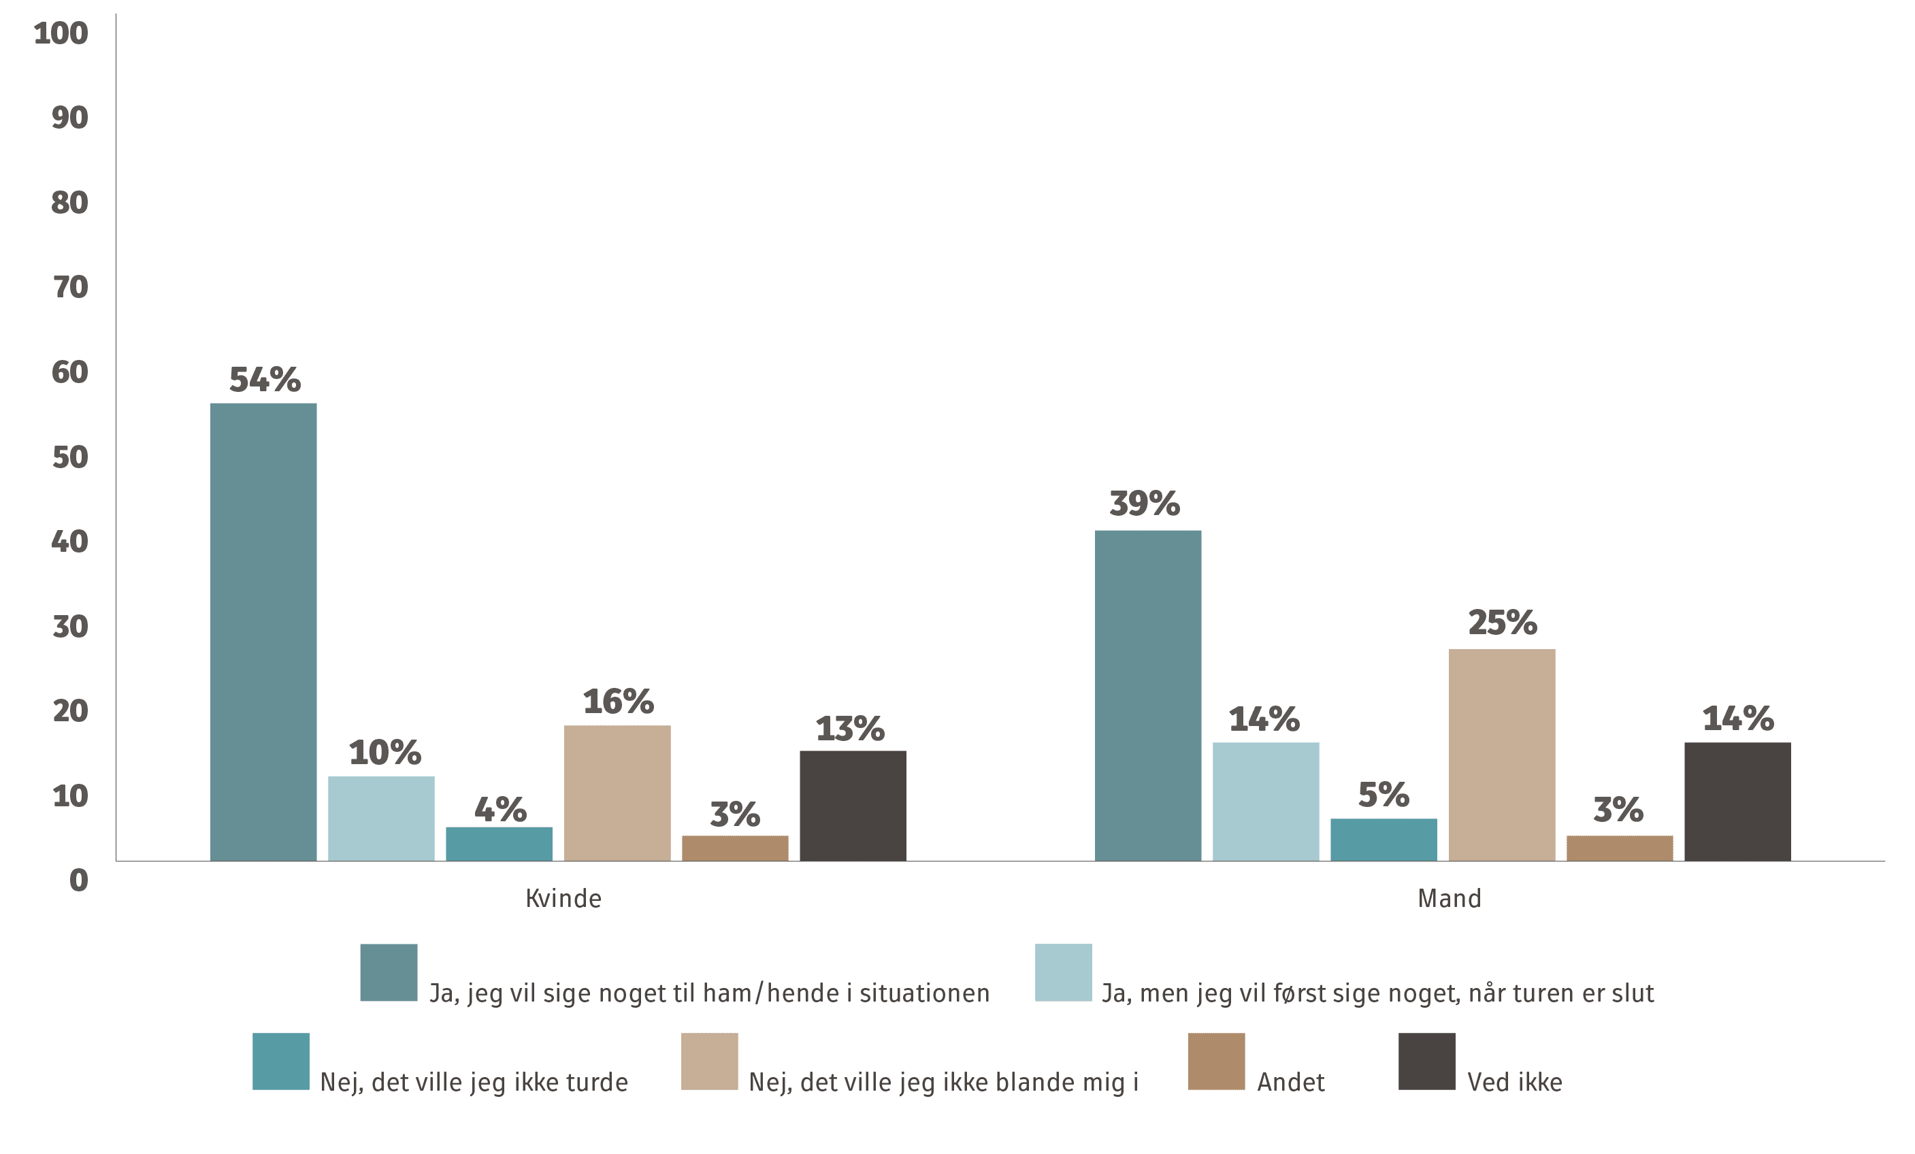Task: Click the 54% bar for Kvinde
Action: pyautogui.click(x=263, y=632)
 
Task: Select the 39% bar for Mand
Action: pyautogui.click(x=1148, y=695)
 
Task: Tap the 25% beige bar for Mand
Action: pyautogui.click(x=1501, y=755)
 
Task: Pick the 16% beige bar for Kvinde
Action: pyautogui.click(x=617, y=793)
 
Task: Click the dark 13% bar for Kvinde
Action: pyautogui.click(x=853, y=805)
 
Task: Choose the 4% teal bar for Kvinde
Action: pyautogui.click(x=499, y=844)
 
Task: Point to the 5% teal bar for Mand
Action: pyautogui.click(x=1384, y=839)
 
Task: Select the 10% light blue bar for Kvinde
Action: pyautogui.click(x=381, y=819)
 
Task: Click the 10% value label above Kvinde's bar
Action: pyautogui.click(x=384, y=753)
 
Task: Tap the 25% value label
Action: pyautogui.click(x=1501, y=623)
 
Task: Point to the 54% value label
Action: pyautogui.click(x=264, y=380)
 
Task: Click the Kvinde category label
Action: pyautogui.click(x=563, y=899)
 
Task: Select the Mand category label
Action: pyautogui.click(x=1449, y=899)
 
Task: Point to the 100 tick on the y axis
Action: pyautogui.click(x=61, y=33)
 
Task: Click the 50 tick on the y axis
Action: pyautogui.click(x=70, y=458)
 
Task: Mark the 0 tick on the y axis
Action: pyautogui.click(x=78, y=880)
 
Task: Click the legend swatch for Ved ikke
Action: pyautogui.click(x=1427, y=1061)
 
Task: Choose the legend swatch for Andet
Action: pyautogui.click(x=1216, y=1061)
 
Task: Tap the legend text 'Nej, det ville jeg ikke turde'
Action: pyautogui.click(x=474, y=1082)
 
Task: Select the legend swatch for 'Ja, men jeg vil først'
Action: pyautogui.click(x=1063, y=972)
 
